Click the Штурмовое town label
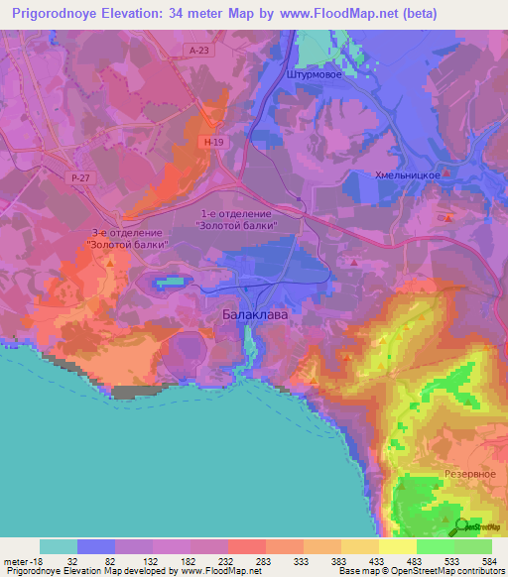pos(314,73)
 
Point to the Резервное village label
pos(470,474)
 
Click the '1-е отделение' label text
pos(235,213)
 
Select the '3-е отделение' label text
pos(126,231)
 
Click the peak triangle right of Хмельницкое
pos(446,173)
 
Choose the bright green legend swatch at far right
pos(473,546)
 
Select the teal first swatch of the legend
pos(59,546)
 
